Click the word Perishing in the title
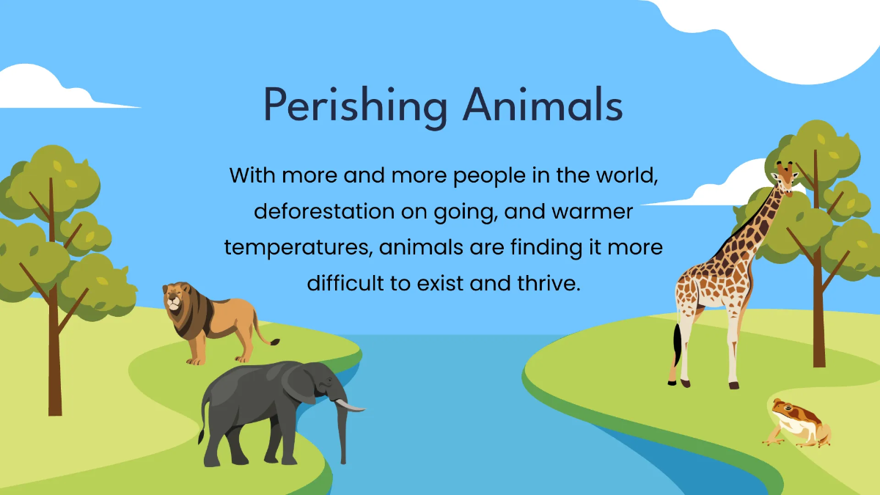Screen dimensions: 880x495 (356, 106)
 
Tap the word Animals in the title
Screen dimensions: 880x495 (543, 104)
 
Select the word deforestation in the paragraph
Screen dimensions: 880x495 (324, 211)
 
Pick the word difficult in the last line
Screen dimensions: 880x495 (345, 283)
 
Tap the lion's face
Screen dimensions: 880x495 (174, 299)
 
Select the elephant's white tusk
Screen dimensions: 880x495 (349, 406)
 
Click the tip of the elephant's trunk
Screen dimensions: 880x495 (343, 461)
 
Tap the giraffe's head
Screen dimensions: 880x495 (785, 179)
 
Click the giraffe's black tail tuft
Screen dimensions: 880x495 (676, 342)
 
